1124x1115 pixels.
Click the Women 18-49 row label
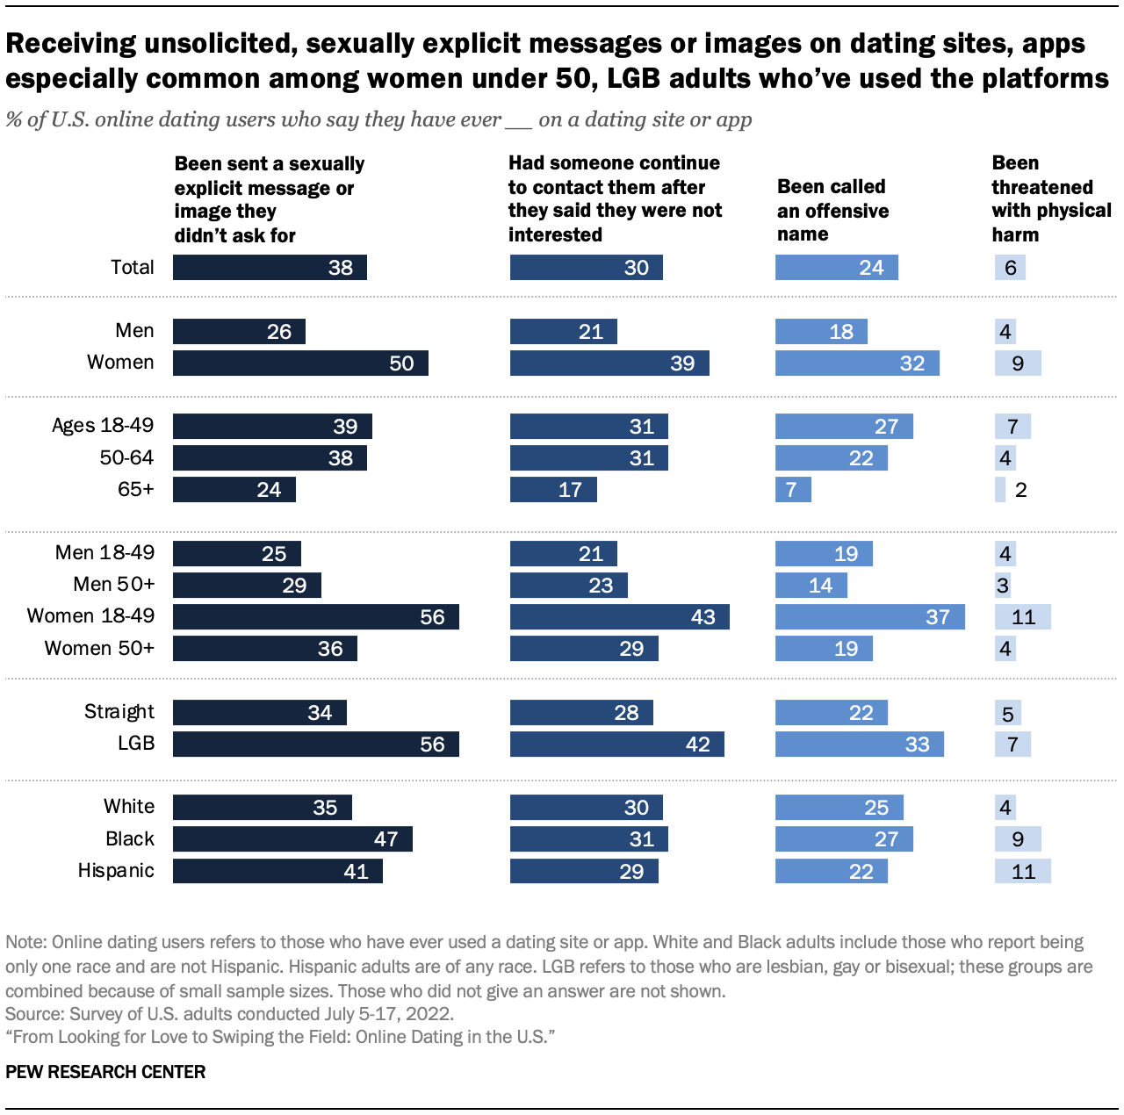(90, 616)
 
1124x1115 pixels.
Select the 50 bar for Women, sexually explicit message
(300, 363)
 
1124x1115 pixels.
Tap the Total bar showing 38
(270, 268)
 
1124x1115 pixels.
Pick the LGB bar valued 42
(616, 745)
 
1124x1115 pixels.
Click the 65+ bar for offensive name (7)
(793, 489)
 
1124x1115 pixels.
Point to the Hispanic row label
(116, 871)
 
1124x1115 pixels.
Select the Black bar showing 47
(292, 839)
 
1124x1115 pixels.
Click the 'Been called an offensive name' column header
(832, 211)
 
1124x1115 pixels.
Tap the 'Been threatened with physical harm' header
(1050, 198)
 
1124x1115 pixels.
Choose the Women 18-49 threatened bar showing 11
(1022, 616)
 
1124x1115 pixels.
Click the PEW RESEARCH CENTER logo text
(105, 1072)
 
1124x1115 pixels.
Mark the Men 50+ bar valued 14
(811, 585)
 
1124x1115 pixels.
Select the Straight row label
(119, 712)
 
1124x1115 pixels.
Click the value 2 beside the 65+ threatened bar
(1020, 490)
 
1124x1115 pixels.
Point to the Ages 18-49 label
(103, 426)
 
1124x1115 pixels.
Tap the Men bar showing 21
(563, 331)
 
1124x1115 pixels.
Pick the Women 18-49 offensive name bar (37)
(869, 616)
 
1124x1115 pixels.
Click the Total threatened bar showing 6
(1010, 268)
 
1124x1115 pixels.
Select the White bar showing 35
(262, 808)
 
